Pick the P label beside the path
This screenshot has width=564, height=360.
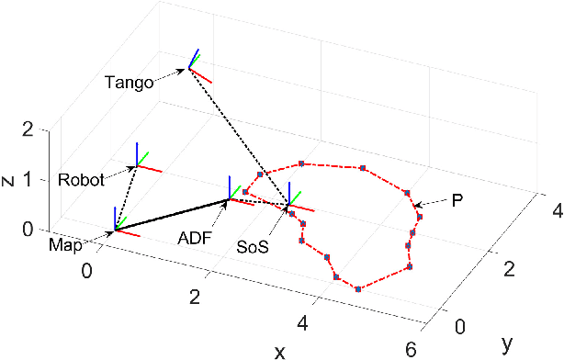(457, 198)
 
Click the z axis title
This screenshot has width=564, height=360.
(8, 181)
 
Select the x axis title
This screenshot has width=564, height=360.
(280, 351)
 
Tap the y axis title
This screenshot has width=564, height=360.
(507, 343)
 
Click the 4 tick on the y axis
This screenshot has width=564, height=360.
(555, 213)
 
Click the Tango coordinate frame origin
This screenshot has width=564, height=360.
(190, 66)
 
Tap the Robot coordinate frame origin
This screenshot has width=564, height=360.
(138, 166)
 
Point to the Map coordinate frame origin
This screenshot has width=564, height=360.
(116, 229)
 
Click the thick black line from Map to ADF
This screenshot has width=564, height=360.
(172, 214)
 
